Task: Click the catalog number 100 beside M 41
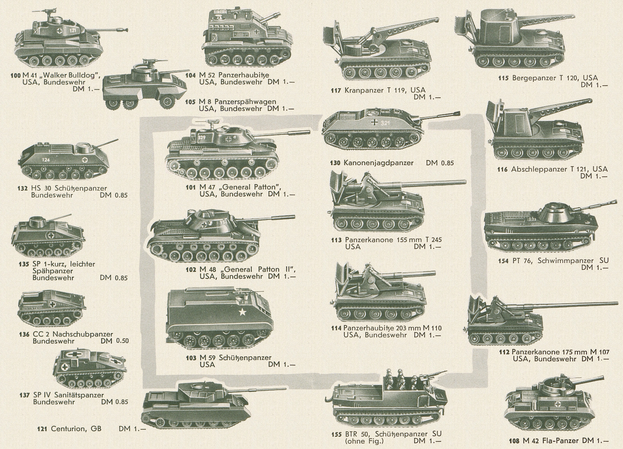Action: [x=16, y=75]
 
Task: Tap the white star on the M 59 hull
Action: [x=242, y=313]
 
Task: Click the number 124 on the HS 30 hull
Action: [x=46, y=160]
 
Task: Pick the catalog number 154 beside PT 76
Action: [x=504, y=261]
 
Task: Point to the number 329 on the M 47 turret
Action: [x=202, y=137]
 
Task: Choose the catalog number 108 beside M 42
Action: [x=514, y=441]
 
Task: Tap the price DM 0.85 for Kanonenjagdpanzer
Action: [x=440, y=163]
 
